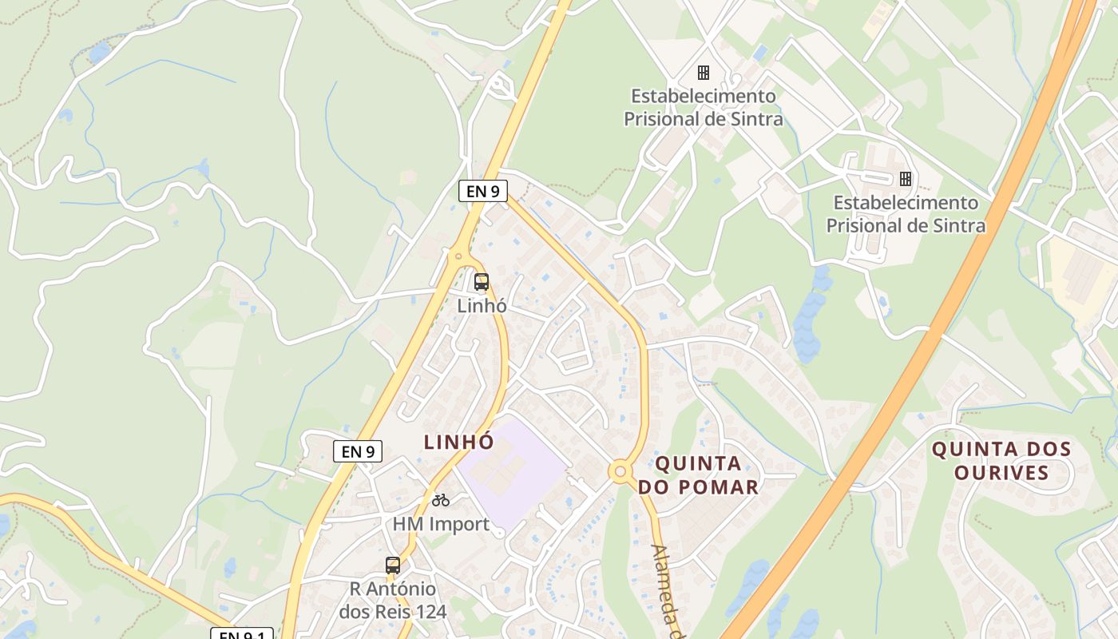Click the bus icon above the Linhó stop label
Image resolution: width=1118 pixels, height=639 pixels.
tap(481, 281)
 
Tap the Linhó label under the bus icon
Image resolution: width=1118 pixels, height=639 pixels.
tap(482, 305)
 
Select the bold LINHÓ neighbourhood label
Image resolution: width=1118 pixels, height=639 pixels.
tap(458, 442)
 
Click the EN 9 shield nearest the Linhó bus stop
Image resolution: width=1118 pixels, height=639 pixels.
tap(482, 191)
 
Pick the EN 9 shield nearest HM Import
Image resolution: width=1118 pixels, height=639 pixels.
tap(357, 451)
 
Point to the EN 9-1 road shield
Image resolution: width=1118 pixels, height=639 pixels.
tap(241, 634)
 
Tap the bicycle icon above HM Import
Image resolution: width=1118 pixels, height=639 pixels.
tap(441, 500)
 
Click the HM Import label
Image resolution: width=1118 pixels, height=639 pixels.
tap(441, 524)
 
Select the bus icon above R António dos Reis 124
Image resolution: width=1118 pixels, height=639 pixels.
tap(392, 566)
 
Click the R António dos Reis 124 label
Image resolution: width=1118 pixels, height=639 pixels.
tap(392, 601)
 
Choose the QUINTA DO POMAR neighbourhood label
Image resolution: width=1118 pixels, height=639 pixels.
tap(698, 474)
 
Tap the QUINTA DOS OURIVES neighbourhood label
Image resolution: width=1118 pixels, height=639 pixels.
tap(1001, 460)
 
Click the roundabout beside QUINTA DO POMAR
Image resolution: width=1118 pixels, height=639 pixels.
tap(620, 471)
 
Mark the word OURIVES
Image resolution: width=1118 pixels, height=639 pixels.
tap(1001, 472)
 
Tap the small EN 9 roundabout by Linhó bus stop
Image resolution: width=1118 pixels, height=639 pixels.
tap(458, 256)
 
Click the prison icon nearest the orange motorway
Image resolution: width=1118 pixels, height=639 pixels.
tap(905, 178)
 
